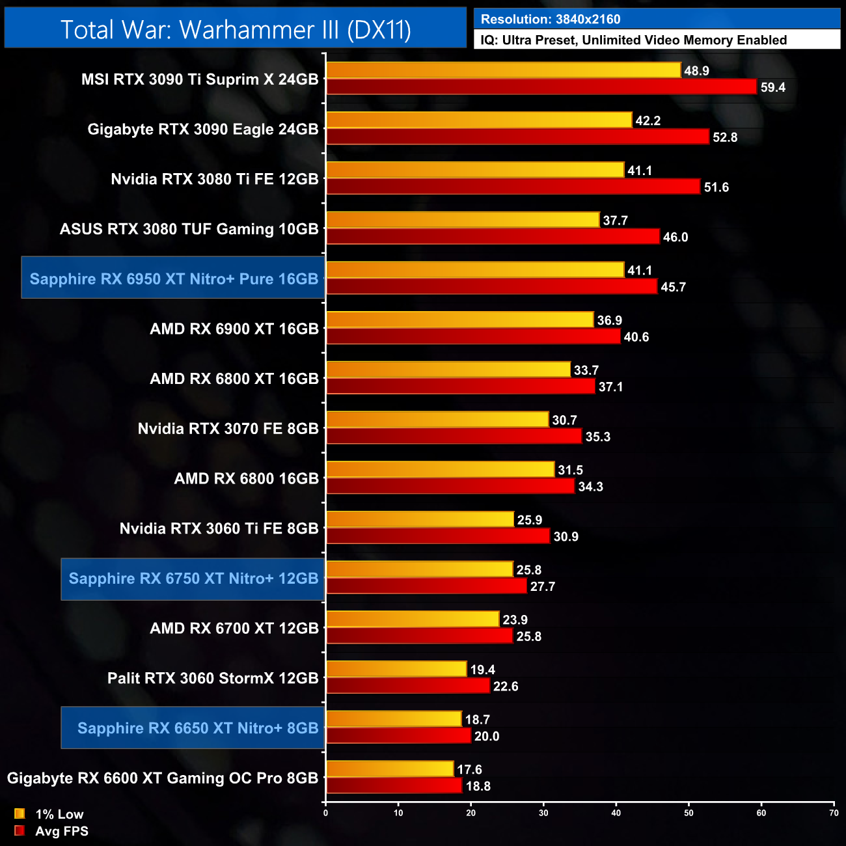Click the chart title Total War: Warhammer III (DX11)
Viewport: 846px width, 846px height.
pos(236,29)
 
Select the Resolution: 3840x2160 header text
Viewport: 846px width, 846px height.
pos(551,19)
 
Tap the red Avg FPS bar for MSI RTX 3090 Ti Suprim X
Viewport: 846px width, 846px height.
pos(541,87)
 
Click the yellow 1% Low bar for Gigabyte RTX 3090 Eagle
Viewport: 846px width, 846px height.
pos(479,120)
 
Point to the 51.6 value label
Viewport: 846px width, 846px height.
pos(716,187)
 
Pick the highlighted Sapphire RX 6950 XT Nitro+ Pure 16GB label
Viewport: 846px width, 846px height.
pos(174,279)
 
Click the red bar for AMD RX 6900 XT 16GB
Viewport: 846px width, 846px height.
pos(473,336)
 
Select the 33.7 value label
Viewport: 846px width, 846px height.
pos(586,370)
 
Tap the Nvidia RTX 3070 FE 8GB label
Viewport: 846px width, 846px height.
pos(228,429)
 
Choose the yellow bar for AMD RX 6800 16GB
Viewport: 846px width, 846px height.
pos(440,469)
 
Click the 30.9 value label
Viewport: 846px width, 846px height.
pos(566,537)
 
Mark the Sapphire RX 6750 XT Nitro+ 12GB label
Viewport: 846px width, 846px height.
pos(193,579)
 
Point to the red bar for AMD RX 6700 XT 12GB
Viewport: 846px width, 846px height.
pos(420,636)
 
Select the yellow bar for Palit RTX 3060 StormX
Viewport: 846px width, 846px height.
pos(396,669)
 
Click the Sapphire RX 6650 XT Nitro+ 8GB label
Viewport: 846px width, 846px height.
pos(197,728)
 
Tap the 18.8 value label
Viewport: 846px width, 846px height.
pos(478,786)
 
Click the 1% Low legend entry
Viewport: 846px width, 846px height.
pos(59,814)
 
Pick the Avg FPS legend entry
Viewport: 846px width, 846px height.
pos(61,831)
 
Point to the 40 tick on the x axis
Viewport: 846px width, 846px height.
pos(616,813)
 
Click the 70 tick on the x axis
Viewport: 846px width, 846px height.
pos(834,813)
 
